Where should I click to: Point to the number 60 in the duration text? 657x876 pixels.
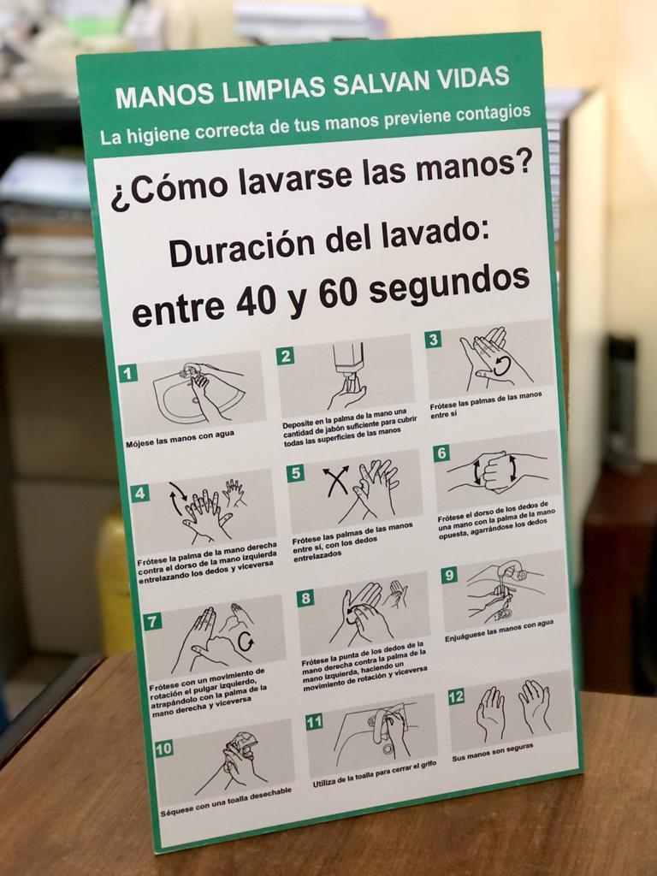(x=339, y=294)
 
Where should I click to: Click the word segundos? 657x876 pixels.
(x=449, y=284)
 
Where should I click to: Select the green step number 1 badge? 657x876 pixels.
(x=128, y=373)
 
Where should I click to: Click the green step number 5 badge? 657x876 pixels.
(x=295, y=472)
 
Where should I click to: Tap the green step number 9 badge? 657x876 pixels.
(x=449, y=575)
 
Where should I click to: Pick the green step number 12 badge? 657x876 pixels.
(x=456, y=696)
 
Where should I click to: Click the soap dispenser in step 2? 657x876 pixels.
(x=349, y=363)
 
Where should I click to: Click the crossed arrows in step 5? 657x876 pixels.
(x=335, y=482)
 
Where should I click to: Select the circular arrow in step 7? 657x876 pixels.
(x=246, y=641)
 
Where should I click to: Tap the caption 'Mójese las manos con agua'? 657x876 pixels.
(x=180, y=439)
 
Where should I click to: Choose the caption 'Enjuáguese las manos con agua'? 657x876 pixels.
(x=500, y=630)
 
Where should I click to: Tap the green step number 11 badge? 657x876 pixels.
(x=314, y=722)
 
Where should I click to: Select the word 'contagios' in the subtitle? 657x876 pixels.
(x=494, y=114)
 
